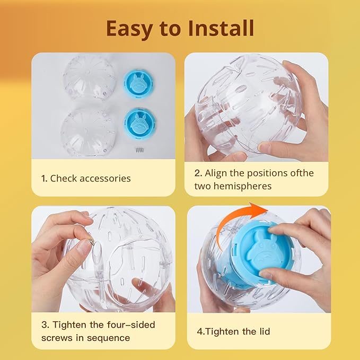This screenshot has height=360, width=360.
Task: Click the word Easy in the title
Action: coord(129,29)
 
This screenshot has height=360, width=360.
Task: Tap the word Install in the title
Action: coord(221,28)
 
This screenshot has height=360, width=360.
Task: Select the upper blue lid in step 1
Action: coord(139,83)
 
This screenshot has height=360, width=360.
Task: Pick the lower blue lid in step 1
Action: coord(140,123)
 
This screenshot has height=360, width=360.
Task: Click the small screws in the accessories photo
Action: coord(139,150)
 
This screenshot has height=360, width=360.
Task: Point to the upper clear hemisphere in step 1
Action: coord(89,77)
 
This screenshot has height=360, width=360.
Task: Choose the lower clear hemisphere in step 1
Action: coord(88,132)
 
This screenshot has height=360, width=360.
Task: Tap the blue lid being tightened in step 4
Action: coord(264,252)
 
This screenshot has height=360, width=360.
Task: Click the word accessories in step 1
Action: coord(105,179)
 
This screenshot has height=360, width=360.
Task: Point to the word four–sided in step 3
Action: coord(131,325)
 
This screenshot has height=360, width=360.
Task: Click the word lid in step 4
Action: coord(265,331)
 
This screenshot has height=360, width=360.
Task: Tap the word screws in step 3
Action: coord(55,338)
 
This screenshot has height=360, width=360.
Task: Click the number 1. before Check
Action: coord(44,179)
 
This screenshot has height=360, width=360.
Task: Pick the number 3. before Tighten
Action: coord(45,325)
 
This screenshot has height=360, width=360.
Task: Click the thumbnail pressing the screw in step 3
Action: coord(84,248)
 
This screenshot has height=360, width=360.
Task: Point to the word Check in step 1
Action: coord(64,178)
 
